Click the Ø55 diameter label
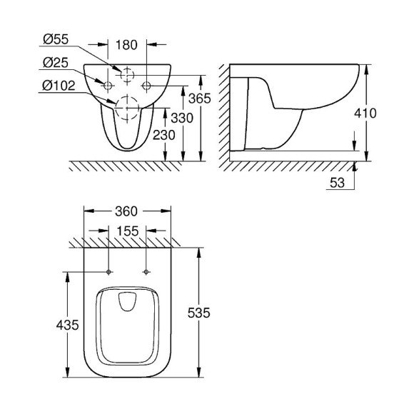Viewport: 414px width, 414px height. [56, 39]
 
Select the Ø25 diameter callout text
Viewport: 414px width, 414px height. [56, 63]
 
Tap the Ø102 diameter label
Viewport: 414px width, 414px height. [59, 86]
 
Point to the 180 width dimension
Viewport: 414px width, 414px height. [127, 45]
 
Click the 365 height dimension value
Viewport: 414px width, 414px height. [200, 99]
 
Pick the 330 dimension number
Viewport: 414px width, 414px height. [182, 118]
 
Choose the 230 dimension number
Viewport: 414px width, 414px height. [164, 135]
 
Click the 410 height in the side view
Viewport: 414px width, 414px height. [365, 113]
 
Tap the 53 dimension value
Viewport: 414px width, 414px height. [337, 183]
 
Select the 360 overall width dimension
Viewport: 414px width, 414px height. [126, 211]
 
